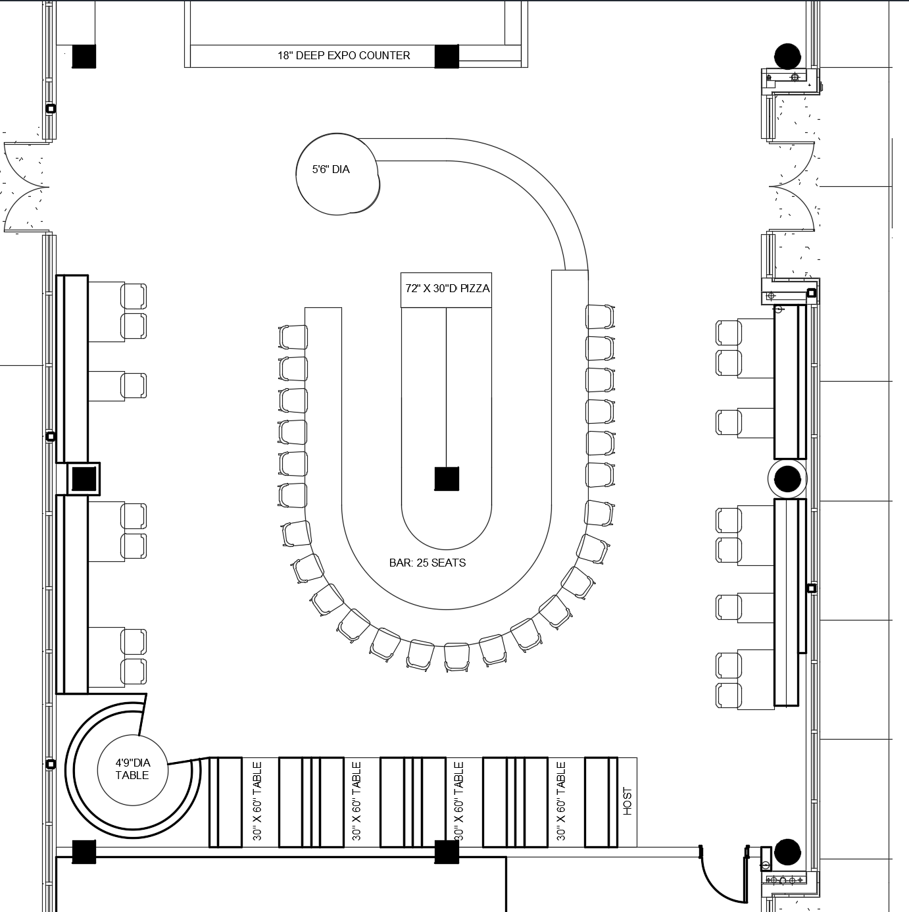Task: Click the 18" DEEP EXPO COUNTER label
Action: (343, 55)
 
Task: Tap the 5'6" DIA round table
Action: (337, 174)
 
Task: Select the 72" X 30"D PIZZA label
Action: (447, 288)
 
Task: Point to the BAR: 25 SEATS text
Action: (428, 563)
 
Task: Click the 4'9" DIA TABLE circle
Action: (132, 770)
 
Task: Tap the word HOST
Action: (627, 801)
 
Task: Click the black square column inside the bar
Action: (447, 478)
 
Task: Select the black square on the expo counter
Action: (447, 57)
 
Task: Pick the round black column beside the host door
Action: (787, 852)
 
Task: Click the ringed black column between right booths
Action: (787, 478)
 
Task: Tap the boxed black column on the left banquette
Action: (84, 478)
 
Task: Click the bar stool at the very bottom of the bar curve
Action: (456, 657)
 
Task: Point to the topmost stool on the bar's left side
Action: (293, 338)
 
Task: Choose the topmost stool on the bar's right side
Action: (600, 317)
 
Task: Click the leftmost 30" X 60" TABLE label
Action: (257, 801)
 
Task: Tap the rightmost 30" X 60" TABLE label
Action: (561, 801)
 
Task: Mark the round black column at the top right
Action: (787, 57)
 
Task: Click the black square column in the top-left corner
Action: (84, 57)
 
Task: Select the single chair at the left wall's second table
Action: (134, 386)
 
